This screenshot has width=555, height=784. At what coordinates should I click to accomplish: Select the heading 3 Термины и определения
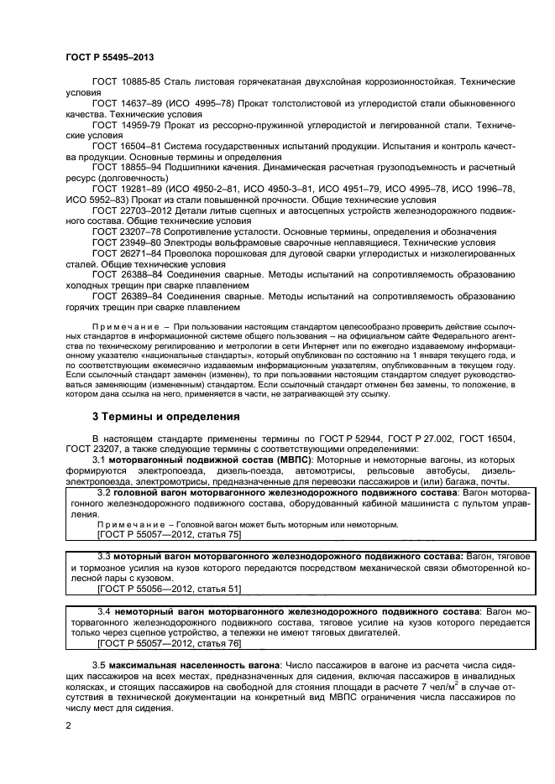tap(165, 416)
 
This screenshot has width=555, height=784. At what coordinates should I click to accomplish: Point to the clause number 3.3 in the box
tap(105, 557)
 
